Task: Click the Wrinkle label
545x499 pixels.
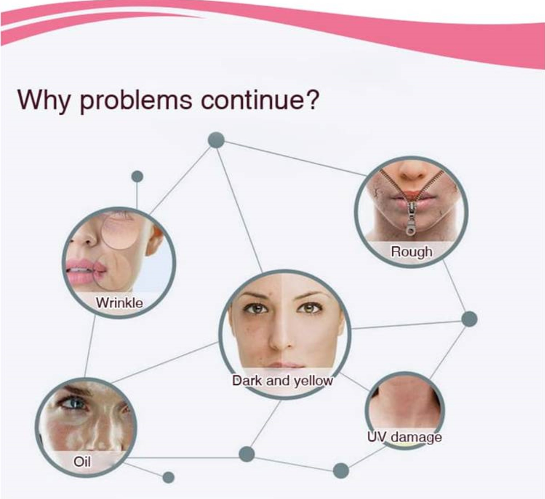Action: (x=119, y=303)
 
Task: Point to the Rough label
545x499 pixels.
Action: (x=412, y=252)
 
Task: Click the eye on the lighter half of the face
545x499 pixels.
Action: (x=309, y=309)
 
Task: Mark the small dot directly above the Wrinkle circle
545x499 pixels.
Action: (x=137, y=176)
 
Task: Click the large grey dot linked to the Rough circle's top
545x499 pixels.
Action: (x=216, y=140)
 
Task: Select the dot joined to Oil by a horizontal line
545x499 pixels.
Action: (x=247, y=454)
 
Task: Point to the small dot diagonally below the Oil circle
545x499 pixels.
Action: (x=168, y=478)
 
